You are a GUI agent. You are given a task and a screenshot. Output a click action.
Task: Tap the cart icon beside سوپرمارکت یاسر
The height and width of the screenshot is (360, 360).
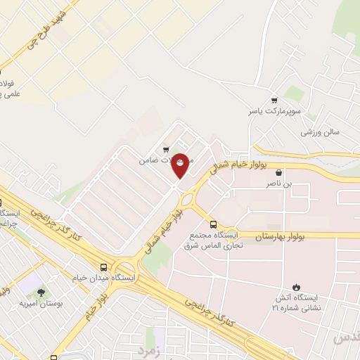tap(274, 100)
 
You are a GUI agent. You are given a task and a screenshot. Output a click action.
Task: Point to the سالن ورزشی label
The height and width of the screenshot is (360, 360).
tap(321, 132)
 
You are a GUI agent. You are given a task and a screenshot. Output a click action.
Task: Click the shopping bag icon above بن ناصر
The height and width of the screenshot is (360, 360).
tap(279, 172)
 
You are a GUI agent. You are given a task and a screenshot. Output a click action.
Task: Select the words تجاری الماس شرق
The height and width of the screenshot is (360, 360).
tap(213, 246)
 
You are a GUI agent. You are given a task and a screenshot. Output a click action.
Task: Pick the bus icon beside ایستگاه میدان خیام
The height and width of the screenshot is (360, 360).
tap(104, 267)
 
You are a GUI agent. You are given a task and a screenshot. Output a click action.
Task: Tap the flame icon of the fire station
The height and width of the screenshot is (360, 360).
tap(296, 286)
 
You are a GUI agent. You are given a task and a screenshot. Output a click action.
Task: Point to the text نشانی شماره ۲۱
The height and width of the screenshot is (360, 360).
tap(296, 307)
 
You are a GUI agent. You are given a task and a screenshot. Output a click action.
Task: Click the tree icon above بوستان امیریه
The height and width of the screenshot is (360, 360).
tap(41, 292)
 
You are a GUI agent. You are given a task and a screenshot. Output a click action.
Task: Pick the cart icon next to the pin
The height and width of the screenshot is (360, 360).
tap(166, 149)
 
